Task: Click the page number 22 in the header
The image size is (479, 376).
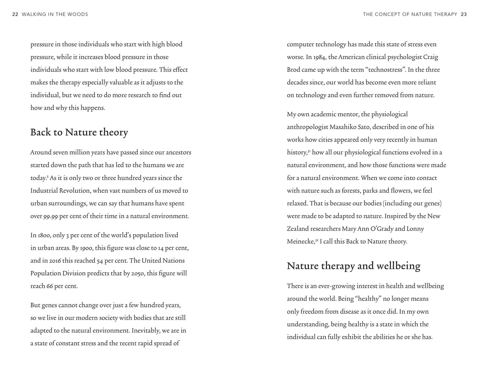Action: (x=15, y=14)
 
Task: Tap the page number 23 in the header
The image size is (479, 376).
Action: (x=464, y=14)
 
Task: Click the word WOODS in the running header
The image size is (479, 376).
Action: (x=79, y=14)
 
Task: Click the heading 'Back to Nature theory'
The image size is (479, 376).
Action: (x=79, y=132)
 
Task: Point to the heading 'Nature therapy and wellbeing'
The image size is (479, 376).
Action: (x=353, y=266)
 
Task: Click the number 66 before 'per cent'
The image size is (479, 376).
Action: (x=50, y=286)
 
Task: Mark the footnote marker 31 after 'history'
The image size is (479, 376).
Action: (x=309, y=151)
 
